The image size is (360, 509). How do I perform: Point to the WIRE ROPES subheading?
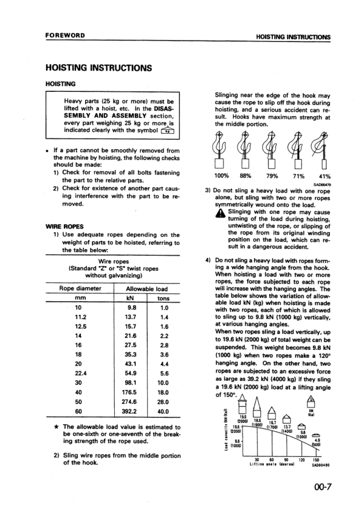(63, 227)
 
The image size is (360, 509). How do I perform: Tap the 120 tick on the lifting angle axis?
(300, 458)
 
